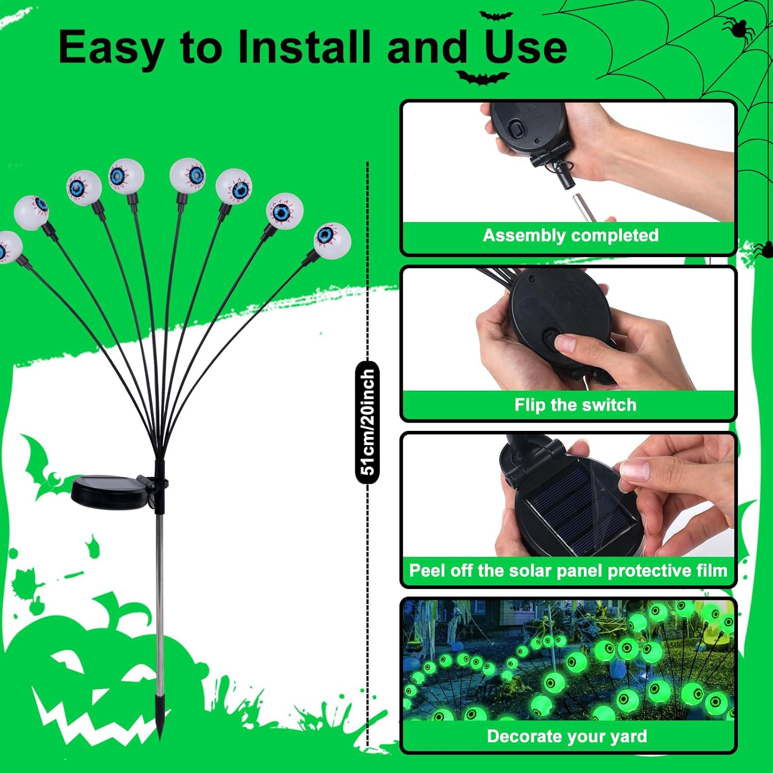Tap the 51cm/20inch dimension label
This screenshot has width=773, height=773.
367,423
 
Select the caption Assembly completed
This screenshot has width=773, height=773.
570,236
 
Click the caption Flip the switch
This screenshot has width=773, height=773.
575,405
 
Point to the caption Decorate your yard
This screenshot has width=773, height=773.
567,736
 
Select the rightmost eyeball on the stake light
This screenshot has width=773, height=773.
332,239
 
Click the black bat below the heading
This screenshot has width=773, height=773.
482,78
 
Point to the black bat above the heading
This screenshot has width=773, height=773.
496,15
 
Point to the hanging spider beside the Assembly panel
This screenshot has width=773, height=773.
762,250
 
